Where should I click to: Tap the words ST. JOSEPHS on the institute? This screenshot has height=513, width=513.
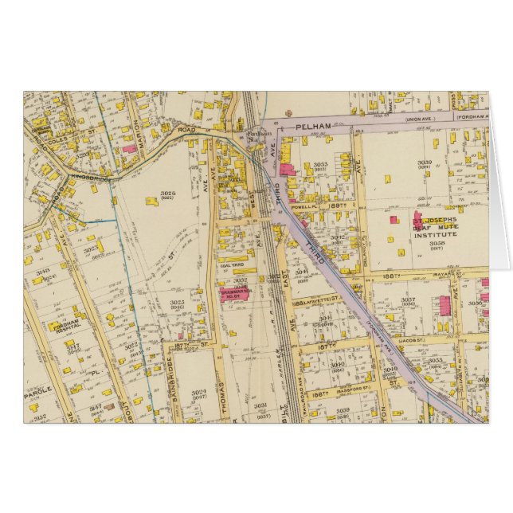point(435,218)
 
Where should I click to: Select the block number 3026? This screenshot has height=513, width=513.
point(167,194)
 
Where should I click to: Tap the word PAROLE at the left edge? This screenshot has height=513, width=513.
point(38,390)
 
